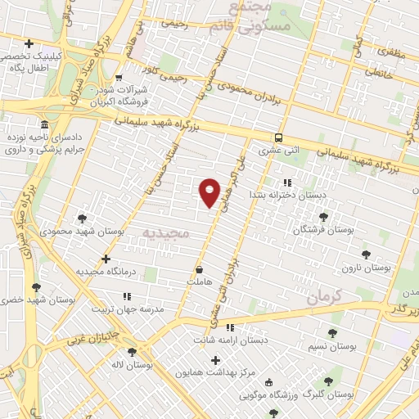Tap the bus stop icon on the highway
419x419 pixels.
(x=279, y=137)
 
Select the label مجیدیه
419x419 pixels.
(x=166, y=233)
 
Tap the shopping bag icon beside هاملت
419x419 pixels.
(x=199, y=268)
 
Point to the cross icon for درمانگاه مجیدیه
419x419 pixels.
(x=106, y=259)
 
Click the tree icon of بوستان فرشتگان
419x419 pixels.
(x=323, y=217)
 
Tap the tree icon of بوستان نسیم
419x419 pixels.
(x=331, y=333)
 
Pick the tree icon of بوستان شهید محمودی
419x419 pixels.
(x=82, y=218)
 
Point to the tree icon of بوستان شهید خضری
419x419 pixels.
(x=35, y=286)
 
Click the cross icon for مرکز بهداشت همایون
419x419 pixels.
(x=216, y=360)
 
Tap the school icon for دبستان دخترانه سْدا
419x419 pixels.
(x=286, y=182)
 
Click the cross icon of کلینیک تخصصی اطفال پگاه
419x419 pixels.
(x=29, y=43)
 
